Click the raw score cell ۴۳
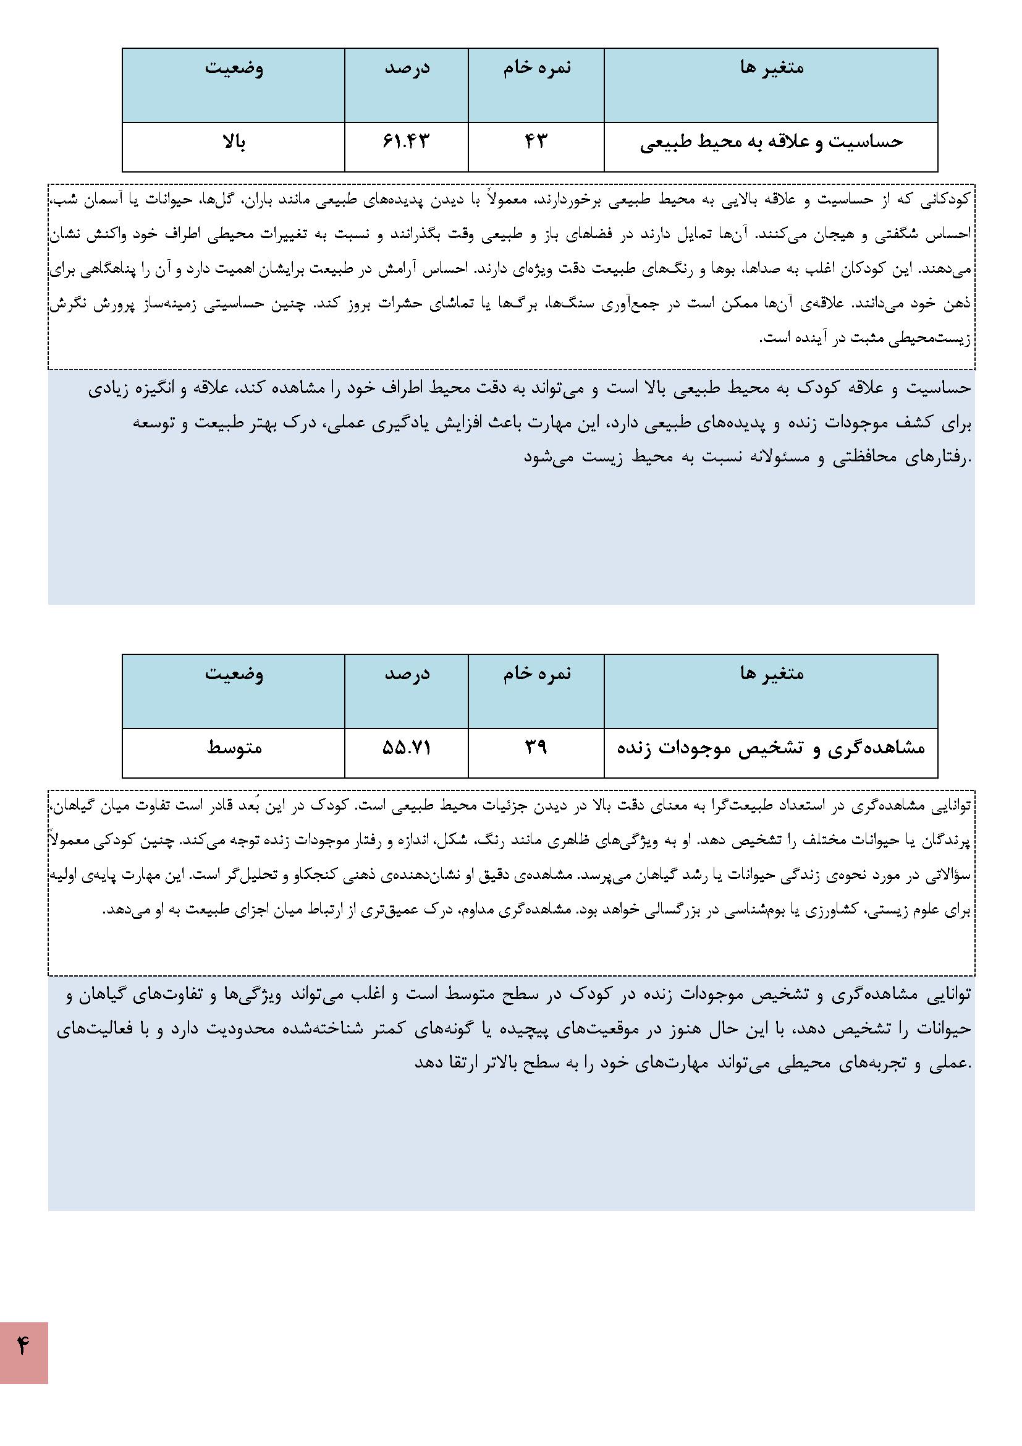point(536,142)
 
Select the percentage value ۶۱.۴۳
point(406,142)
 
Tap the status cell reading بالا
point(234,142)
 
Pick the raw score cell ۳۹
point(536,748)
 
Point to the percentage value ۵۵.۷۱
point(406,748)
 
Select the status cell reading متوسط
point(234,748)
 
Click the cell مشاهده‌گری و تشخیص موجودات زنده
point(771,748)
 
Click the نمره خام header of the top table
point(536,68)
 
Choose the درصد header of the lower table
point(407,674)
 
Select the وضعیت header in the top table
point(234,68)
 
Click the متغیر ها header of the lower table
point(772,674)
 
